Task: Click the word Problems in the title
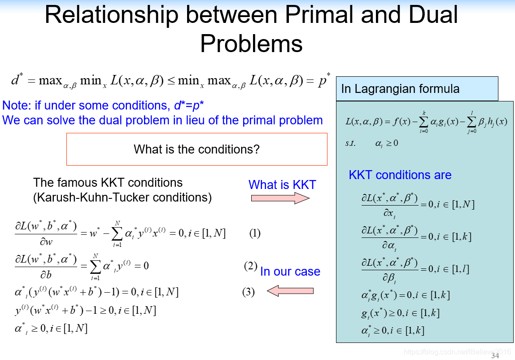251,44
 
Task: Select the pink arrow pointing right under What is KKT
280,198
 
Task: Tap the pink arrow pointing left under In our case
290,291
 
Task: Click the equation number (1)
255,233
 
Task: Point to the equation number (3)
249,292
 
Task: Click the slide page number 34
495,356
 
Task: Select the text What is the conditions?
196,149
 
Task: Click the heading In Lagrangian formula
400,89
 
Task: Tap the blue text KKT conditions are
400,175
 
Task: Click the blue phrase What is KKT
282,185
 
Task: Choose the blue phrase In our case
290,272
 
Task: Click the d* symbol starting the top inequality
17,79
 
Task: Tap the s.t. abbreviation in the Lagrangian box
350,143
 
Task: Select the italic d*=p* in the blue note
189,105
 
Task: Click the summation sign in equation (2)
95,267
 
